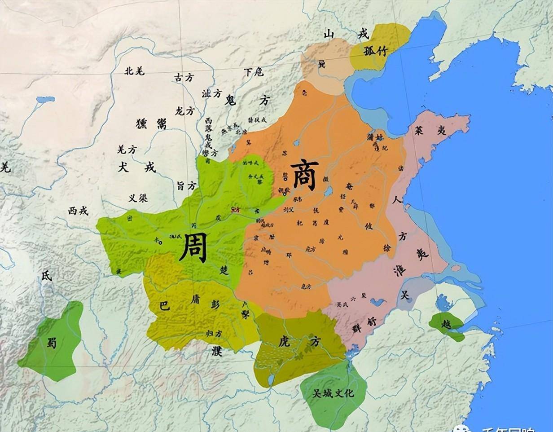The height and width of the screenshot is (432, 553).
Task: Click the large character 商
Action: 305,175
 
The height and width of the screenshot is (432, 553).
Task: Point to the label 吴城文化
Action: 333,393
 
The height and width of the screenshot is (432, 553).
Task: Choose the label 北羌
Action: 134,71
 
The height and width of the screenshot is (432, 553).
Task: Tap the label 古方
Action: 184,78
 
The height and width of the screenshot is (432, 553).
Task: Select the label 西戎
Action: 79,211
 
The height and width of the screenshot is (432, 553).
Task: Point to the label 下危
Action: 254,72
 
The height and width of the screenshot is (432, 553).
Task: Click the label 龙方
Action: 184,110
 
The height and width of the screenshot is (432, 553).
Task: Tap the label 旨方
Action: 186,185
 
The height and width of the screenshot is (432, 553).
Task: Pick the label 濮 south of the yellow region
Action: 217,352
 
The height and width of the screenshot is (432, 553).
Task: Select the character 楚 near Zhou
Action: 224,270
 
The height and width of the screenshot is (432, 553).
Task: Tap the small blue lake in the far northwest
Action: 45,99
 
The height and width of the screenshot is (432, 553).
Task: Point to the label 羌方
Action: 127,150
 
